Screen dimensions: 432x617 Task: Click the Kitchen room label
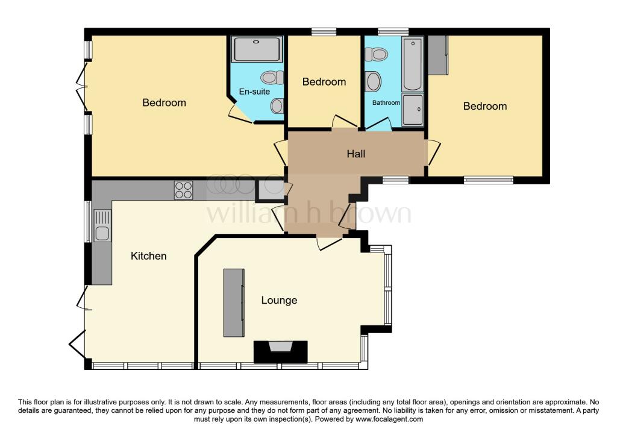[x=149, y=256]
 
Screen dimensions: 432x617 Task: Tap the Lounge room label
[x=279, y=300]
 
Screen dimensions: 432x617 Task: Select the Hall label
[x=356, y=154]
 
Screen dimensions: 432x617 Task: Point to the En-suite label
[x=254, y=92]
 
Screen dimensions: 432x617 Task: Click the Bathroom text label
[x=386, y=102]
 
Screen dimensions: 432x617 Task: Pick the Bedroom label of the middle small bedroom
[x=324, y=82]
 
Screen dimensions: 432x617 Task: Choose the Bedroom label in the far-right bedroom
[x=484, y=106]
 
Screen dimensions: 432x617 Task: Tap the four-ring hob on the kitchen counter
[x=184, y=190]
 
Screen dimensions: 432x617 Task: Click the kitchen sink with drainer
[x=102, y=225]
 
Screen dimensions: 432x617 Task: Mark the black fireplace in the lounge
[x=281, y=351]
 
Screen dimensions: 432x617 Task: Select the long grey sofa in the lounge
[x=234, y=302]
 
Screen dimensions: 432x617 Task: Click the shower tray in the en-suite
[x=257, y=49]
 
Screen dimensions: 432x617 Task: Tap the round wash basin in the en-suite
[x=277, y=106]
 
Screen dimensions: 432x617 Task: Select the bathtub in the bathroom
[x=413, y=63]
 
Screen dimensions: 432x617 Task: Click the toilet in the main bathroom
[x=378, y=55]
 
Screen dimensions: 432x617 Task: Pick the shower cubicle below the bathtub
[x=413, y=110]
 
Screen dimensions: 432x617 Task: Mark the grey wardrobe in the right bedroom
[x=437, y=55]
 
